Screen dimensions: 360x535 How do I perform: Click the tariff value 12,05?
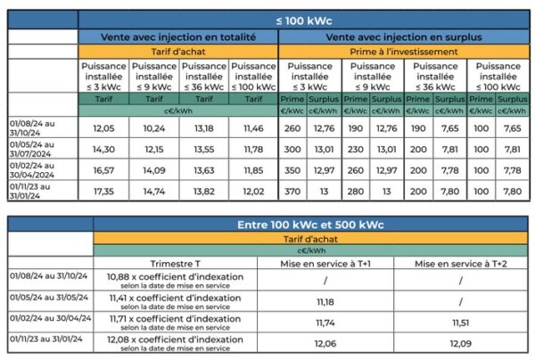(x=104, y=128)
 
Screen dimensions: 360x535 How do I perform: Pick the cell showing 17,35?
(x=104, y=191)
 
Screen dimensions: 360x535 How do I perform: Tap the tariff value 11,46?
(x=254, y=128)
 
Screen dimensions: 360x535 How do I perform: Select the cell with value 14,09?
(x=154, y=170)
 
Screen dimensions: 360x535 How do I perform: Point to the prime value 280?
(x=354, y=191)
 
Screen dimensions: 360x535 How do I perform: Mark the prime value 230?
(x=354, y=149)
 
